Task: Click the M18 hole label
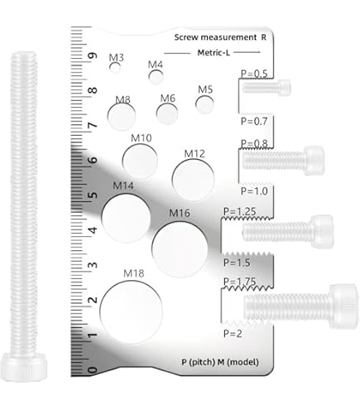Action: (x=134, y=273)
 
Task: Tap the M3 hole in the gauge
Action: (x=115, y=68)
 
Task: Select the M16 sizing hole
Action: (x=180, y=249)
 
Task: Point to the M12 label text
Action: (x=194, y=153)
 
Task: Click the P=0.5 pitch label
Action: (x=254, y=74)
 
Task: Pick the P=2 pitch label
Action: (x=233, y=334)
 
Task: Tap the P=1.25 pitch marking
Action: (x=240, y=211)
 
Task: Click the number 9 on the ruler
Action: (x=93, y=55)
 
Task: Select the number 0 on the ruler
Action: (x=93, y=370)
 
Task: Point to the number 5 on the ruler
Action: (x=93, y=195)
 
